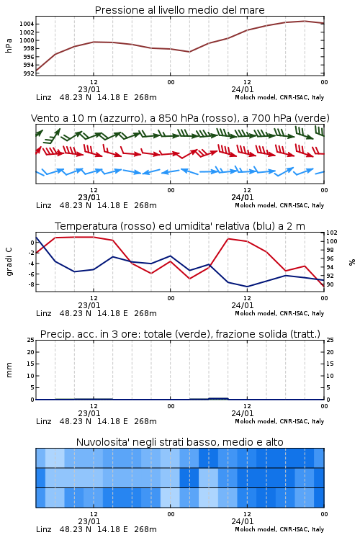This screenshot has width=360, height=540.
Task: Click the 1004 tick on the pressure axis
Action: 27,24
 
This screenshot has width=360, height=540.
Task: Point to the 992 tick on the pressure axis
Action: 29,73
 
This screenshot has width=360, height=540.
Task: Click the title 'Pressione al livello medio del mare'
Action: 180,10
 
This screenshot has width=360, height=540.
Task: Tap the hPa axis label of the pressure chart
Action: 9,45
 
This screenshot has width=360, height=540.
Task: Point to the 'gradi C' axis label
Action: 9,262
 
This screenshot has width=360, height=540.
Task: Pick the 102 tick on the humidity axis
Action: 332,233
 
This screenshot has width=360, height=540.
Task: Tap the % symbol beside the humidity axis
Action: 352,262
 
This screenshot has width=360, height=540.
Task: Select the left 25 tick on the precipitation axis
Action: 31,340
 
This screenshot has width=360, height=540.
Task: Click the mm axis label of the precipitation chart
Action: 9,370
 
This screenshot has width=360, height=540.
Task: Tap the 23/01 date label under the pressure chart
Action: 89,89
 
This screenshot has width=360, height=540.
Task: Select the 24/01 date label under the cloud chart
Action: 242,521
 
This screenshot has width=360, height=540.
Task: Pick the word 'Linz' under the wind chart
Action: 44,205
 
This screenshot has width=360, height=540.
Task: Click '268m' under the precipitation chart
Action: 145,421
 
